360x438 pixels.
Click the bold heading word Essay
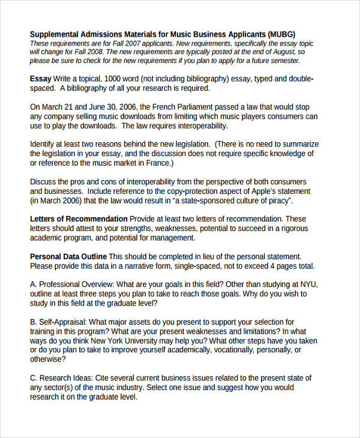click(41, 79)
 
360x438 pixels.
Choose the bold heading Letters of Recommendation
click(79, 219)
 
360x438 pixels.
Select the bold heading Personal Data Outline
click(68, 256)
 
